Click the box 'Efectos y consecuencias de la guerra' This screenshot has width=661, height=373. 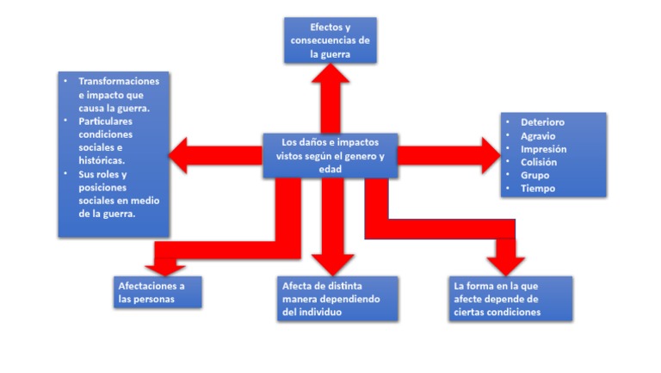pos(330,40)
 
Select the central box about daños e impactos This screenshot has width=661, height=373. pos(330,155)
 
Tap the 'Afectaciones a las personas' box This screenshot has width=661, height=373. pos(158,292)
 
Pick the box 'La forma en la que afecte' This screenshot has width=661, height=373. pos(511,299)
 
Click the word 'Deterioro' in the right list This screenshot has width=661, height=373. pos(542,122)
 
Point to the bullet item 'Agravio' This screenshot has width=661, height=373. pos(538,135)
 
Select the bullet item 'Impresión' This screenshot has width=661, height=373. pos(543,149)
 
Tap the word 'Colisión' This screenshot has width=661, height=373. pos(539,162)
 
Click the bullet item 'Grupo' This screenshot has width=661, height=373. pos(534,175)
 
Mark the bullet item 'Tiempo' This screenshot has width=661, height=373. pos(538,189)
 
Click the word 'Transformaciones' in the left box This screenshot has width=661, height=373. pos(120,81)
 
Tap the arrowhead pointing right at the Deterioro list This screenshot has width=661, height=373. pos(488,155)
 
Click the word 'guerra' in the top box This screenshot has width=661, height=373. pos(337,54)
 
